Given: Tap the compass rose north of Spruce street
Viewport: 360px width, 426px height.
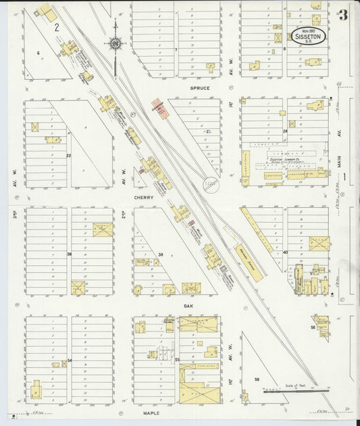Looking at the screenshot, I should [x=116, y=44].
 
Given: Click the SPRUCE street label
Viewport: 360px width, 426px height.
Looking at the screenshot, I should [x=199, y=88].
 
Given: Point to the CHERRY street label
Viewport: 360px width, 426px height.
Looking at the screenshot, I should [x=144, y=198].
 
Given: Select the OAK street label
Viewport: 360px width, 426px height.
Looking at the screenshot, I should [x=188, y=306].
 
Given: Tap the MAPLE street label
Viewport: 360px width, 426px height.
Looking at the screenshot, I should [x=150, y=411].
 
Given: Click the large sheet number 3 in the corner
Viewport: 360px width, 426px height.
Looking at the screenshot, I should [x=344, y=15].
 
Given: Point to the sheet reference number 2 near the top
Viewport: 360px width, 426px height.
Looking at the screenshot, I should [x=57, y=28].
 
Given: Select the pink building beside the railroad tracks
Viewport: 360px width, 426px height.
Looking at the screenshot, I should [x=160, y=109].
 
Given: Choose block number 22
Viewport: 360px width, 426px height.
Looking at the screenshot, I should [x=69, y=155].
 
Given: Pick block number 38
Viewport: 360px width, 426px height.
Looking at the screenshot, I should [x=69, y=253].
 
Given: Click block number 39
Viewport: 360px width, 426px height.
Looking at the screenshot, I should [x=161, y=254].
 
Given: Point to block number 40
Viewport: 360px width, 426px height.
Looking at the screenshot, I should [x=285, y=252].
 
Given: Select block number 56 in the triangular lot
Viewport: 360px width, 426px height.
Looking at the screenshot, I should [x=257, y=379].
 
